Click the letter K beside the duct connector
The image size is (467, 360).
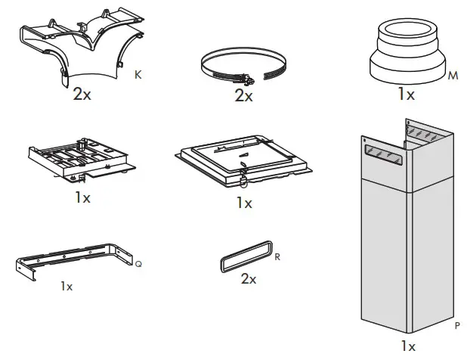[137, 74]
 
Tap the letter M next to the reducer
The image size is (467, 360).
[453, 77]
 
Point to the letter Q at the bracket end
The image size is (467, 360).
[138, 264]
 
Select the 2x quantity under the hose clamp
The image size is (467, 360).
[243, 96]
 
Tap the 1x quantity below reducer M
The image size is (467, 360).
[406, 95]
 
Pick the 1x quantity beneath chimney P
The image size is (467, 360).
[408, 346]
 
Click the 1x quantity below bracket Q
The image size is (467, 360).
[66, 287]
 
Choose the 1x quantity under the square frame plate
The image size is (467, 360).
[244, 203]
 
